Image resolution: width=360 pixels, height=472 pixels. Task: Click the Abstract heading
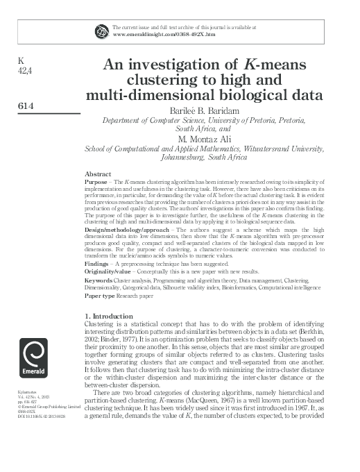pyautogui.click(x=98, y=173)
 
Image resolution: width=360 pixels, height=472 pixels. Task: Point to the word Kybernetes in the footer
pyautogui.click(x=26, y=392)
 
